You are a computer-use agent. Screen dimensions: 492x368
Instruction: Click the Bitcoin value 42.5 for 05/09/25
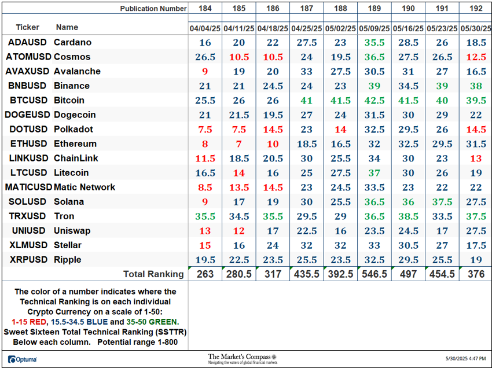[x=374, y=101]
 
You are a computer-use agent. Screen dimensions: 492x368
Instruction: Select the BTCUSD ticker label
[x=28, y=100]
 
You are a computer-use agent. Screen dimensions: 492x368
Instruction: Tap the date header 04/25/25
[x=307, y=28]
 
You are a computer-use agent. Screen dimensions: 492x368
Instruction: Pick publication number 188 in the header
[x=340, y=9]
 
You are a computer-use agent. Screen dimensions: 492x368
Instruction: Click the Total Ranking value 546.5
[x=374, y=274]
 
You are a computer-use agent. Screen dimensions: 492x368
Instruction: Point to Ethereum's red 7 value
[x=239, y=144]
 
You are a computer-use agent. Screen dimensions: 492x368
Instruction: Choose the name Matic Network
[x=85, y=187]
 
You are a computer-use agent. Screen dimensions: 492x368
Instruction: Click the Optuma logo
[x=22, y=359]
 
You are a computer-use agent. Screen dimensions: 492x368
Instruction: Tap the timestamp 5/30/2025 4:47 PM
[x=465, y=358]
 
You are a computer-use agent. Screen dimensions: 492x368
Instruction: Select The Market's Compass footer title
[x=239, y=356]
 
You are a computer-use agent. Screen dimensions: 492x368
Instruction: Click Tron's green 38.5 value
[x=408, y=216]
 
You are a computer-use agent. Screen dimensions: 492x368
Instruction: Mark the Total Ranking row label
[x=153, y=274]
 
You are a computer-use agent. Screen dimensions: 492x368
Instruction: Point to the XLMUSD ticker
[x=28, y=245]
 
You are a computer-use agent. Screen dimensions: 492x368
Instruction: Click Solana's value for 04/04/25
[x=205, y=202]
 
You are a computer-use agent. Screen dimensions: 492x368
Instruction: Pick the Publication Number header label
[x=153, y=9]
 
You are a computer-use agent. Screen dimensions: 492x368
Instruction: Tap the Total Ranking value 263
[x=205, y=274]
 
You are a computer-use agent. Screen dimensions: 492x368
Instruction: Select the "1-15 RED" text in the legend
[x=29, y=322]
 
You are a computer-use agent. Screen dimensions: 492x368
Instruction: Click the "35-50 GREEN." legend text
[x=152, y=322]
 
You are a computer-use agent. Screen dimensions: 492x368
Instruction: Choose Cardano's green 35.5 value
[x=374, y=42]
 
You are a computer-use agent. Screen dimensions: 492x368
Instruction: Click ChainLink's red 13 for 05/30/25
[x=476, y=159]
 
